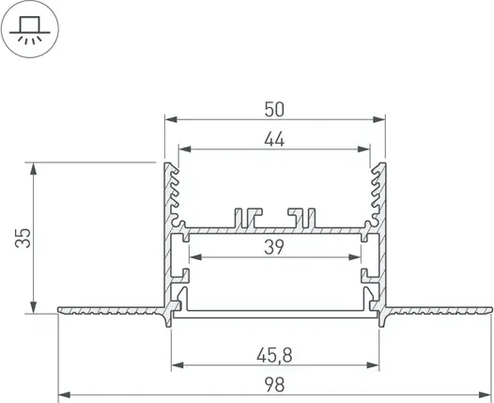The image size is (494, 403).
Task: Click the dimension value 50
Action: click(275, 108)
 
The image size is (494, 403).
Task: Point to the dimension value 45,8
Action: click(275, 354)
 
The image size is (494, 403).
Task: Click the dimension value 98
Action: click(275, 384)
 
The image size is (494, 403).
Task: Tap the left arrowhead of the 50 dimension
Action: click(169, 119)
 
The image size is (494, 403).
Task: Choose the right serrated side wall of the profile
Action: click(378, 197)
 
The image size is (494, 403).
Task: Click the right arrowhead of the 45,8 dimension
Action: click(379, 365)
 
